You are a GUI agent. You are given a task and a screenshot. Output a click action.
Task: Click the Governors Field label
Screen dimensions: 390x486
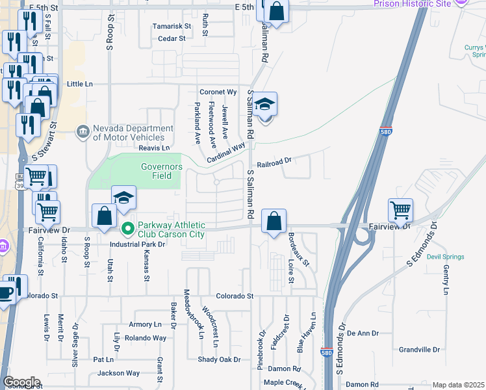point(157,171)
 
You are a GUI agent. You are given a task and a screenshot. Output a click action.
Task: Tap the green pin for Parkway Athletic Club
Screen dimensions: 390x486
point(128,227)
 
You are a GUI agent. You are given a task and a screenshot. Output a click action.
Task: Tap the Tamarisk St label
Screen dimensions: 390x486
point(172,27)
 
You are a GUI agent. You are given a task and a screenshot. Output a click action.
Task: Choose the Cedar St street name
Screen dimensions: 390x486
point(172,38)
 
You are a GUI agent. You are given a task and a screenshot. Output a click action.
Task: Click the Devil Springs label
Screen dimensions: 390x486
point(445,257)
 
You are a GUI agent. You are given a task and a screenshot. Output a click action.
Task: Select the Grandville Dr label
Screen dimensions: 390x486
point(420,349)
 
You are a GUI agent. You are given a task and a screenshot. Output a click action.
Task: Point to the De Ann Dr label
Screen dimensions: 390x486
point(363,333)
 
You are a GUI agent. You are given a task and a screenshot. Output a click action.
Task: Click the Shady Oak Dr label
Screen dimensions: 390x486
point(219,359)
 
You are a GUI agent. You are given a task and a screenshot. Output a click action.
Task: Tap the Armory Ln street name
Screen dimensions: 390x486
point(145,324)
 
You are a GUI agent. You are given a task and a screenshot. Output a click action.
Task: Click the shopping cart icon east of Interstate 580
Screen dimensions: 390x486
point(400,209)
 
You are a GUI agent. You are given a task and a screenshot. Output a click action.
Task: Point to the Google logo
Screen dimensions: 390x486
point(21,382)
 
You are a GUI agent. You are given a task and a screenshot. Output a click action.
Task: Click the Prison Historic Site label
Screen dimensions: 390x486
point(412,4)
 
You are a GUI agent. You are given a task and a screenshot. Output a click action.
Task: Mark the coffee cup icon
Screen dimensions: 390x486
point(6,292)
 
